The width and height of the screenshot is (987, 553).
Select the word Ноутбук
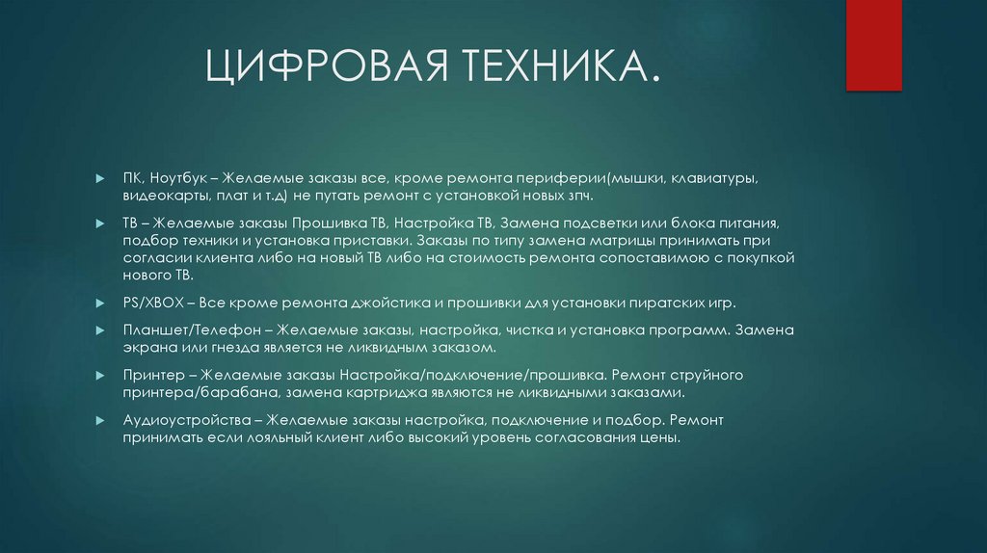[x=182, y=179]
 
